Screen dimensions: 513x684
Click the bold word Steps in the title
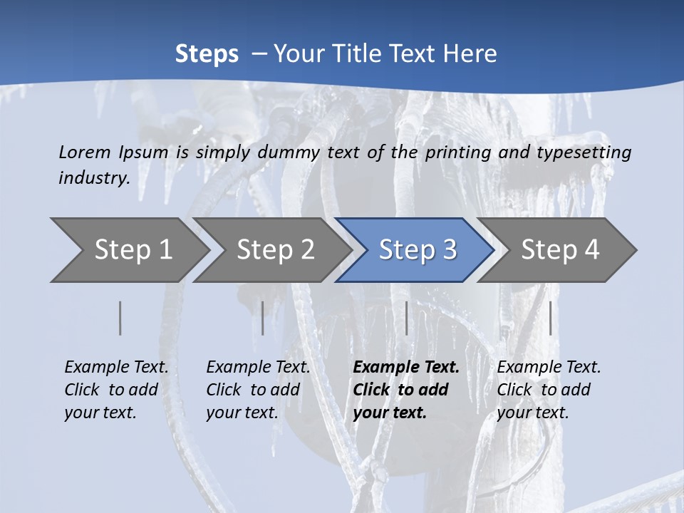pyautogui.click(x=207, y=54)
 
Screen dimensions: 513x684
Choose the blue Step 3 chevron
pyautogui.click(x=416, y=250)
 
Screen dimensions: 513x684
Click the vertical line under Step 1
pyautogui.click(x=120, y=318)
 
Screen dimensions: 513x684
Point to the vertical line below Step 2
pyautogui.click(x=263, y=318)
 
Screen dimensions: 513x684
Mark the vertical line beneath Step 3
pyautogui.click(x=406, y=318)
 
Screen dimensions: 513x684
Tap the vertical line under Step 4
pyautogui.click(x=551, y=318)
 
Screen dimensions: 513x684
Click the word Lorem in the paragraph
pyautogui.click(x=85, y=152)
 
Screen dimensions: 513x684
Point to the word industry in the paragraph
pyautogui.click(x=93, y=178)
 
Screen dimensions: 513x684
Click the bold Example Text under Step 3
pyautogui.click(x=406, y=367)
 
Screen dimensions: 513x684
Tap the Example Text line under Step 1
pyautogui.click(x=116, y=367)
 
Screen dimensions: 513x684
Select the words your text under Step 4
pyautogui.click(x=532, y=413)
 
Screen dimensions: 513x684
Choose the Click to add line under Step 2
pyautogui.click(x=253, y=390)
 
